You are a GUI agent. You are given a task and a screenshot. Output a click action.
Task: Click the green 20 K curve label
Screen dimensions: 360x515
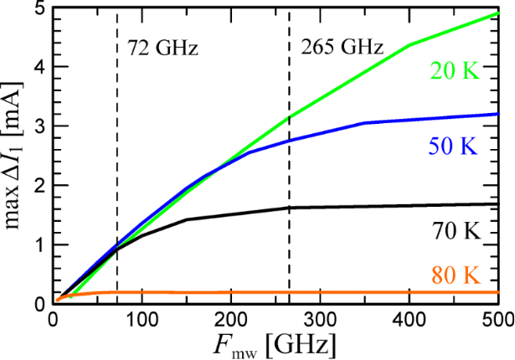pyautogui.click(x=457, y=72)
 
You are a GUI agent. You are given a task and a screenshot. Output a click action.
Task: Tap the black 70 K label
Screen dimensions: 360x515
pyautogui.click(x=457, y=233)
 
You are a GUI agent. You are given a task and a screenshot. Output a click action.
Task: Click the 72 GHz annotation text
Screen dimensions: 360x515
pyautogui.click(x=162, y=48)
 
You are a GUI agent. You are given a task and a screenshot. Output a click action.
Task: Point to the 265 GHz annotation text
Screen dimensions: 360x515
pyautogui.click(x=342, y=48)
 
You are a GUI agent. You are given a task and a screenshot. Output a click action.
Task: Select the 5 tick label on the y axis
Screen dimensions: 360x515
pyautogui.click(x=40, y=8)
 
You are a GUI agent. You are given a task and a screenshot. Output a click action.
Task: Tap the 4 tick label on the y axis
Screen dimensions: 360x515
pyautogui.click(x=40, y=68)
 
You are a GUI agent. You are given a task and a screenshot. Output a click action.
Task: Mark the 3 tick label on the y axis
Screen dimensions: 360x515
pyautogui.click(x=40, y=127)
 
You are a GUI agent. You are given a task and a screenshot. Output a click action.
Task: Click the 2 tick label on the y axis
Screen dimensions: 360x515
pyautogui.click(x=40, y=187)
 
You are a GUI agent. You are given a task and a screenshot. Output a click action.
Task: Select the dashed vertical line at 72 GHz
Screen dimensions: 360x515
pyautogui.click(x=117, y=167)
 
